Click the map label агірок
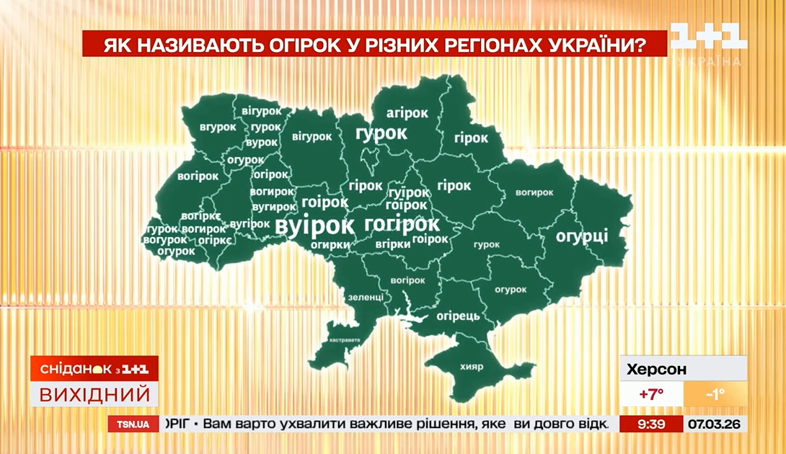407,113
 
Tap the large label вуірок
315,226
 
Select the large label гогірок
402,223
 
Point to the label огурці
582,236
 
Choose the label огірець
457,316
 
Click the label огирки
330,245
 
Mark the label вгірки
394,244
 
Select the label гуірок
408,193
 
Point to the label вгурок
218,127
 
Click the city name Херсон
657,370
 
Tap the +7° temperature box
650,394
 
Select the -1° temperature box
715,394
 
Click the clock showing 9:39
651,424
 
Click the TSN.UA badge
133,424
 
